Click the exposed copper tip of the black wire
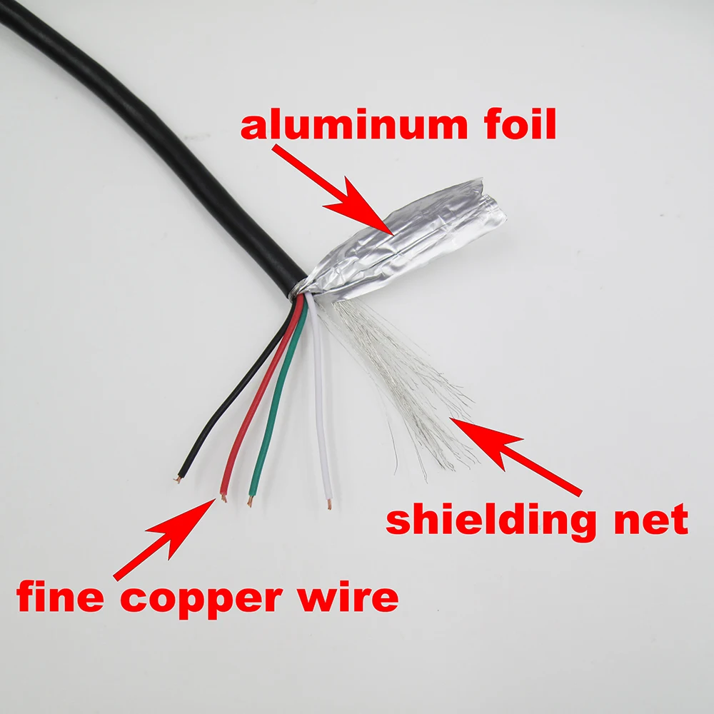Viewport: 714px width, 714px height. (179, 479)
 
